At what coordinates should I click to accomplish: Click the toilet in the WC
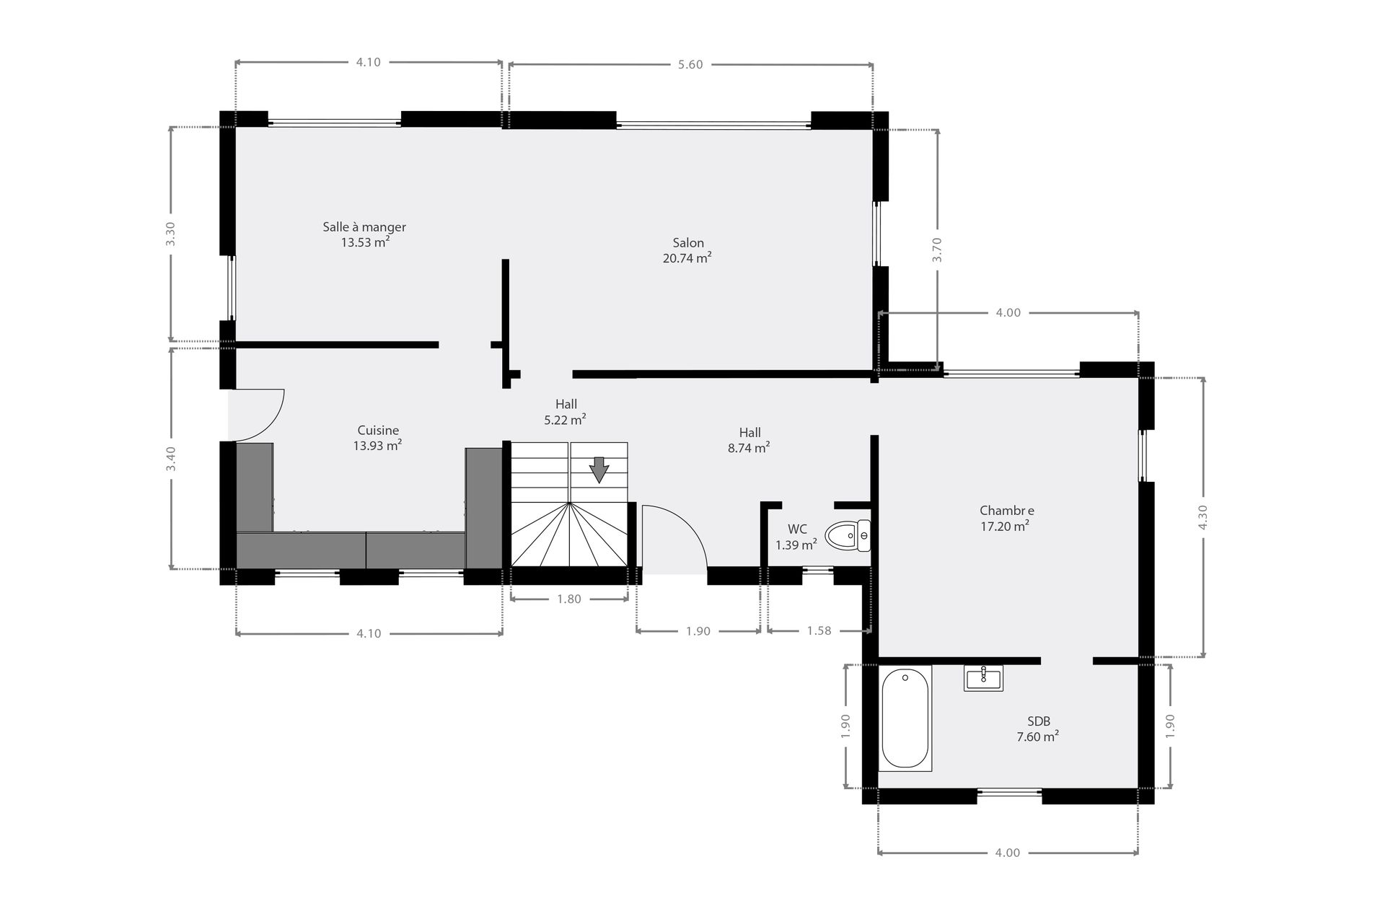click(x=848, y=536)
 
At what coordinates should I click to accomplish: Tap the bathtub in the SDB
click(x=905, y=718)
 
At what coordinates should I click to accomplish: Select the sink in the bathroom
click(x=983, y=678)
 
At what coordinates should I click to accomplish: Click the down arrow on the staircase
click(x=599, y=470)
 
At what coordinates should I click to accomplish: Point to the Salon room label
click(x=688, y=243)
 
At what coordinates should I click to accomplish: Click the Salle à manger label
click(x=364, y=227)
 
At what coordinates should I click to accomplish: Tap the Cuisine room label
click(x=378, y=431)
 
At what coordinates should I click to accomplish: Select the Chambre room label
click(x=1007, y=511)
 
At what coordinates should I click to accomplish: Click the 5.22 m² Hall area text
click(x=565, y=418)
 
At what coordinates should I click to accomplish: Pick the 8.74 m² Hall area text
click(x=749, y=448)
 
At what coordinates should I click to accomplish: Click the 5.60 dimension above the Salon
click(x=690, y=65)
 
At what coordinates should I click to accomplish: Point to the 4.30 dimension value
click(x=1202, y=517)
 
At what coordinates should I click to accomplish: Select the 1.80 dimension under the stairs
click(x=569, y=599)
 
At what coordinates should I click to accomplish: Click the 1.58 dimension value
click(x=819, y=631)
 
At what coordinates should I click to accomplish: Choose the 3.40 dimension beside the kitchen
click(x=171, y=459)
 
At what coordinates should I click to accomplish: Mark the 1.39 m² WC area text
click(x=796, y=545)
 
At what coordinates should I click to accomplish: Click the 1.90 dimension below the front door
click(x=698, y=631)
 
